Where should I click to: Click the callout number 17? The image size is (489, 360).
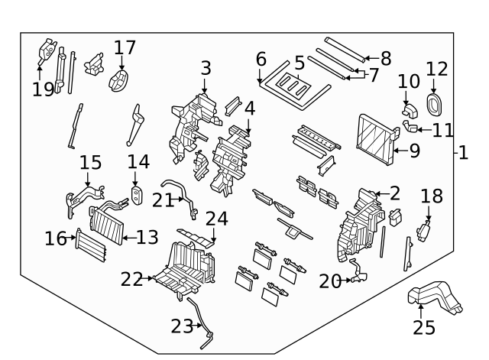[x=125, y=47]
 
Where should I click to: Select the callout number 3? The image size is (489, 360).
[x=206, y=69]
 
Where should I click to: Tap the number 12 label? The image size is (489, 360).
[x=436, y=69]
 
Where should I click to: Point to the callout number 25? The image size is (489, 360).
[x=423, y=327]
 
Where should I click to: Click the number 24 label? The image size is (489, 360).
[x=216, y=219]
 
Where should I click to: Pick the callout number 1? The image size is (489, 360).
[x=463, y=153]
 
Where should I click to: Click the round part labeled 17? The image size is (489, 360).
[x=120, y=79]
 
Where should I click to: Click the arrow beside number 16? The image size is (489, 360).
[x=73, y=239]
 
